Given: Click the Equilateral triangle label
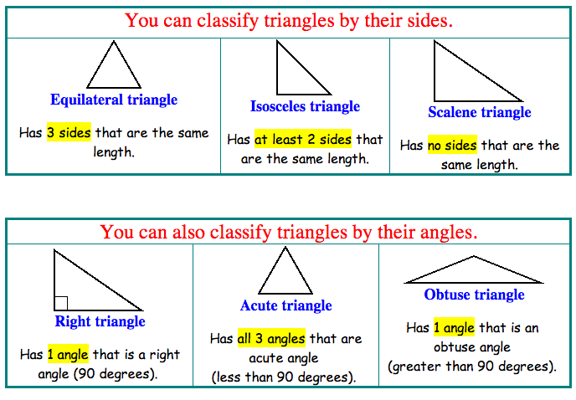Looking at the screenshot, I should pyautogui.click(x=114, y=100).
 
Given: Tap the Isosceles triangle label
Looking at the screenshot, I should pyautogui.click(x=305, y=106).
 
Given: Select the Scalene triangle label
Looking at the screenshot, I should pyautogui.click(x=480, y=112).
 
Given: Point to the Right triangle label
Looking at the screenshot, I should pyautogui.click(x=100, y=321).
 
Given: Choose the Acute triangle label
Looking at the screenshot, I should pyautogui.click(x=285, y=305).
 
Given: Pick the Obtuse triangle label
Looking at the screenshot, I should pyautogui.click(x=474, y=295).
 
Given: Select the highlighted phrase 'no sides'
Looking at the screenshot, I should pyautogui.click(x=452, y=146).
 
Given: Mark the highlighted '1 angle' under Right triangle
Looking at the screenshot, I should pyautogui.click(x=68, y=354).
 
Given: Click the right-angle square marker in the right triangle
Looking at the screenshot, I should pyautogui.click(x=60, y=303).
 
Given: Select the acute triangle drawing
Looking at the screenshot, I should pyautogui.click(x=285, y=273).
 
